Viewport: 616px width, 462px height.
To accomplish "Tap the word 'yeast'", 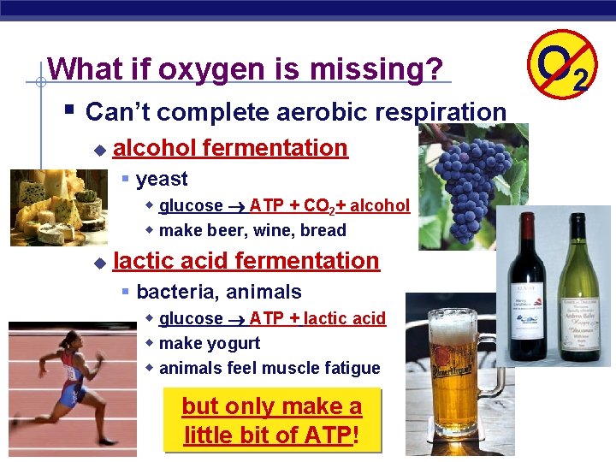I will (x=162, y=179).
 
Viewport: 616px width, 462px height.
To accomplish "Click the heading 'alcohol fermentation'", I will (x=230, y=148).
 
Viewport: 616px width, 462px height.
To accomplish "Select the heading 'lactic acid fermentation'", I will (x=246, y=261).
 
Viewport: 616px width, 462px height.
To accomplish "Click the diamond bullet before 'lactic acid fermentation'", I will (x=98, y=262).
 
